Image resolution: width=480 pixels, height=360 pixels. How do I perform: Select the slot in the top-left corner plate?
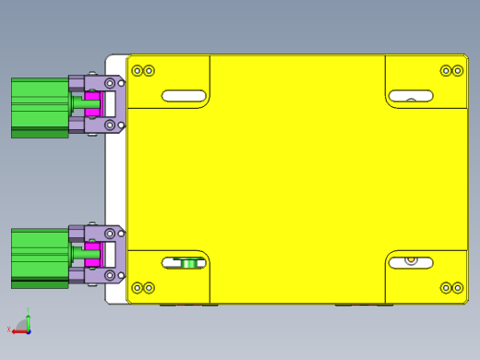pos(184,96)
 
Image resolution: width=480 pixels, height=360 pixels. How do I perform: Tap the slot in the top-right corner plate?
pos(411,96)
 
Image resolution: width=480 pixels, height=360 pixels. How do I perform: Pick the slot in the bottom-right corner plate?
pos(411,263)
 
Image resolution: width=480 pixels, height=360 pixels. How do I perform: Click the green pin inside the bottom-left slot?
pos(190,264)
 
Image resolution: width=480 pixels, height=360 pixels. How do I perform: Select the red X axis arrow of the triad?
pos(18,331)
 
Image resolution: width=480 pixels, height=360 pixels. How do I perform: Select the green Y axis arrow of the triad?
pos(29,318)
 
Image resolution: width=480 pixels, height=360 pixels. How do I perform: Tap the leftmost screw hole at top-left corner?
pos(138,71)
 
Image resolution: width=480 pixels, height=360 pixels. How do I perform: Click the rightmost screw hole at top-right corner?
pos(458,71)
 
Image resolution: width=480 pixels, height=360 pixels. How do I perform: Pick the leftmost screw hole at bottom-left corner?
pos(138,288)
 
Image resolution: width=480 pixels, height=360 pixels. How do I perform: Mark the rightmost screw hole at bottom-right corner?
pos(458,288)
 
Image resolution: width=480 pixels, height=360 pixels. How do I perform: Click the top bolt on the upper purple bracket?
pos(110,83)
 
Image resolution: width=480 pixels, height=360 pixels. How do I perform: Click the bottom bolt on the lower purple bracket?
pos(110,275)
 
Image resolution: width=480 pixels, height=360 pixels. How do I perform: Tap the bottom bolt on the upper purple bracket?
pos(110,125)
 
